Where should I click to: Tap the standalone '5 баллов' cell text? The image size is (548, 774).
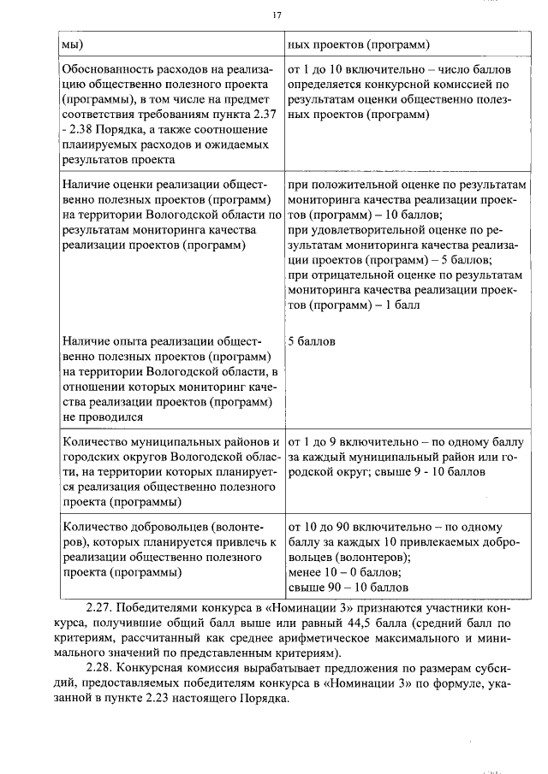pos(312,341)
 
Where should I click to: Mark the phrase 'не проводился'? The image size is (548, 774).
pos(102,417)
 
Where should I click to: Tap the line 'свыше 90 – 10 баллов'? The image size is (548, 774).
pos(348,588)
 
